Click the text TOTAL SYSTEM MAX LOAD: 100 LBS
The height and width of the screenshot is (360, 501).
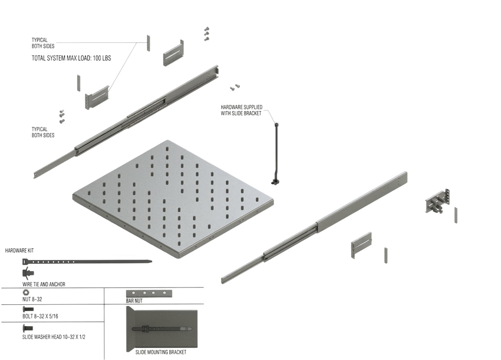[x=71, y=58]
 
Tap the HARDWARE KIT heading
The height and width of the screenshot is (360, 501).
[x=19, y=250]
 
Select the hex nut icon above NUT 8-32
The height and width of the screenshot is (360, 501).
[x=26, y=292]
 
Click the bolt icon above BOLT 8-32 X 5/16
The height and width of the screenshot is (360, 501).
[x=28, y=309]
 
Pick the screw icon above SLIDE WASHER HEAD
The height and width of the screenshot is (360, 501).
[x=28, y=328]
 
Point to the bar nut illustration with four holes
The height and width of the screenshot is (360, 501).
[x=149, y=293]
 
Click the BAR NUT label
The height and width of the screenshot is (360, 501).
[x=134, y=301]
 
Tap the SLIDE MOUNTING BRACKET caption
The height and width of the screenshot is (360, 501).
[x=161, y=353]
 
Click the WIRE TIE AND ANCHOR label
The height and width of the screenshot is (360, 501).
[x=44, y=285]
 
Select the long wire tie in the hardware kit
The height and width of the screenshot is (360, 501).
[x=87, y=262]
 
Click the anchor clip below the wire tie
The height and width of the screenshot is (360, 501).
[x=28, y=273]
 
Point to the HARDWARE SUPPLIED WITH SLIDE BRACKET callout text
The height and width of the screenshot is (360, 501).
[x=241, y=110]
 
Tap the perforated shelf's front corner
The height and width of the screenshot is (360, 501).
[x=179, y=258]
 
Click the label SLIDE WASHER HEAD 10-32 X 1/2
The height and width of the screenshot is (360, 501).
[x=54, y=337]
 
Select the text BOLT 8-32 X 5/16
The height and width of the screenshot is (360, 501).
[x=40, y=316]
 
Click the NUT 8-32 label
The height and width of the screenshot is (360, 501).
[x=32, y=299]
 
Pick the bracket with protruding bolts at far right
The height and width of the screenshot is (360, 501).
[x=437, y=201]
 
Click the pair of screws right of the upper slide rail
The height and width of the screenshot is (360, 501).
[x=235, y=87]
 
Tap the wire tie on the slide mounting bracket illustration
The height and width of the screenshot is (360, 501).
[x=162, y=329]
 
